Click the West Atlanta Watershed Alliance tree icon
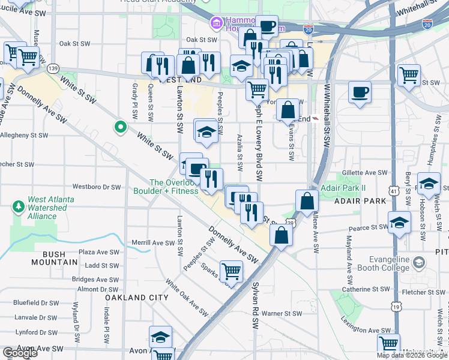click(19, 207)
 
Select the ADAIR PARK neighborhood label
click(361, 200)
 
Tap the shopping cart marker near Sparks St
click(231, 271)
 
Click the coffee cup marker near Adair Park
click(360, 92)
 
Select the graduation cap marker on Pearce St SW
click(400, 223)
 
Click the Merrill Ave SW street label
click(152, 243)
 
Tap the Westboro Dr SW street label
click(97, 187)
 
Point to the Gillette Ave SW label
click(365, 173)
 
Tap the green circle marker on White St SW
click(120, 127)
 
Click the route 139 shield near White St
click(53, 68)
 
